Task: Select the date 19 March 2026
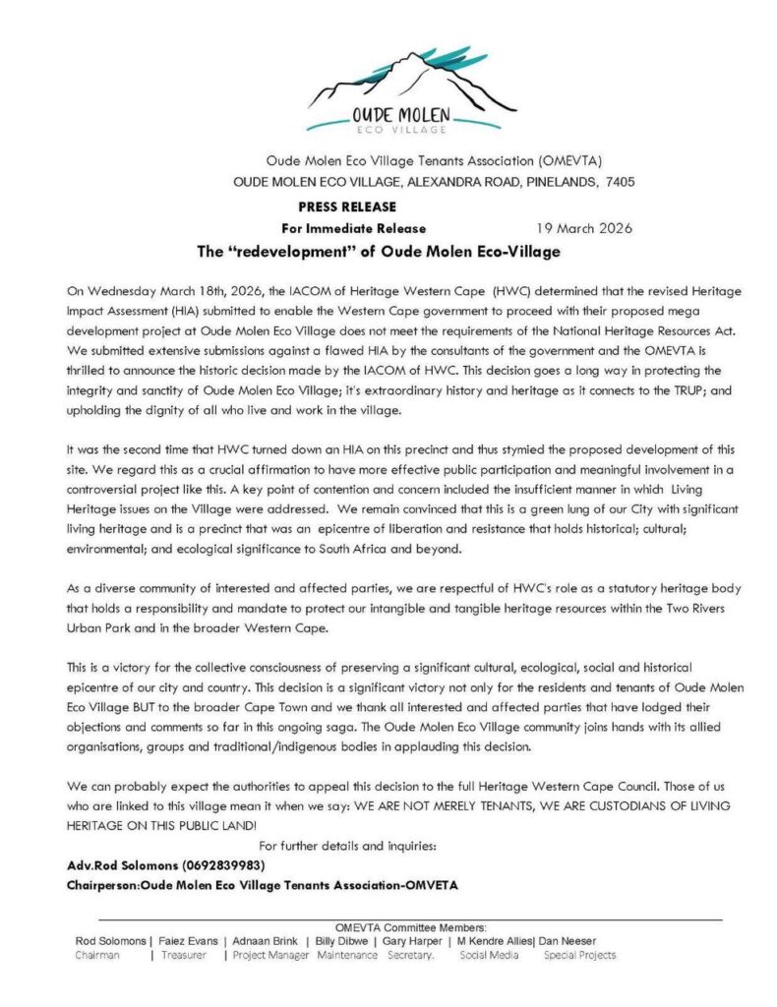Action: point(584,228)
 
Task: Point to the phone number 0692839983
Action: point(224,865)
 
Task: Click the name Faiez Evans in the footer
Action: point(189,941)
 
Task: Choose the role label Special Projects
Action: point(579,955)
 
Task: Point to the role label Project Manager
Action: point(270,955)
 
